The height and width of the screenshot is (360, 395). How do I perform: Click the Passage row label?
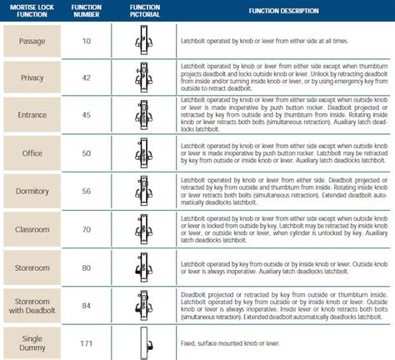[32, 40]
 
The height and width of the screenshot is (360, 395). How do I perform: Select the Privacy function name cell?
[32, 77]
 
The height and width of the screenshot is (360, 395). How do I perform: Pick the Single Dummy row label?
[32, 337]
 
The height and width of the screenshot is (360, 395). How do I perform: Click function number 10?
[87, 40]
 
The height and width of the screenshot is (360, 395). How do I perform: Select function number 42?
[87, 77]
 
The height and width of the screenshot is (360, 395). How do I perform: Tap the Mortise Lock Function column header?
[32, 12]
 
